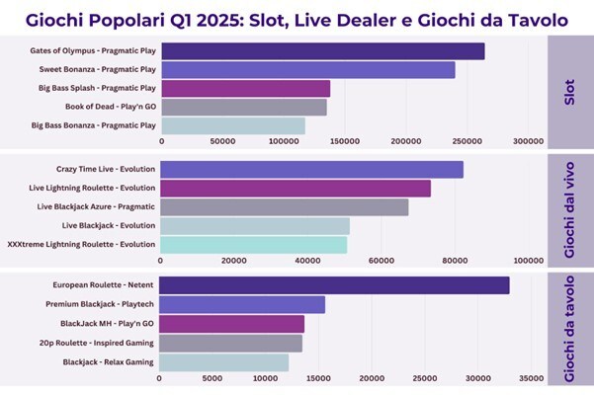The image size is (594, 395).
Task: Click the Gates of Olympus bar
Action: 322,51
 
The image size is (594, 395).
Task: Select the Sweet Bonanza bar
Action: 307,70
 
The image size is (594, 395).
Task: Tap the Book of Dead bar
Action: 243,107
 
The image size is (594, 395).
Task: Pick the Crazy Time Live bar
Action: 311,170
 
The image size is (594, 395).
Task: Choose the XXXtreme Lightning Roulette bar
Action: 254,244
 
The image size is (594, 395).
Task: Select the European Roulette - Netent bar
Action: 334,285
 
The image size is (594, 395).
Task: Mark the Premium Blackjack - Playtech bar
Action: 242,304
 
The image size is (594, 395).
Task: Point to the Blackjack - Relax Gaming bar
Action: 224,362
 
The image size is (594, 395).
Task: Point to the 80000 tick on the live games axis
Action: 455,261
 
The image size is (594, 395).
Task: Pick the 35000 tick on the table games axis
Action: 532,377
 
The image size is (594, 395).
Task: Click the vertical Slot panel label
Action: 568,92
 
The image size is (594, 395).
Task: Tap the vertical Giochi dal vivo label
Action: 568,208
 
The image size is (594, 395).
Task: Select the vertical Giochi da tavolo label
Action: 568,326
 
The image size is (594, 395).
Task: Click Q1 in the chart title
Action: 214,19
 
